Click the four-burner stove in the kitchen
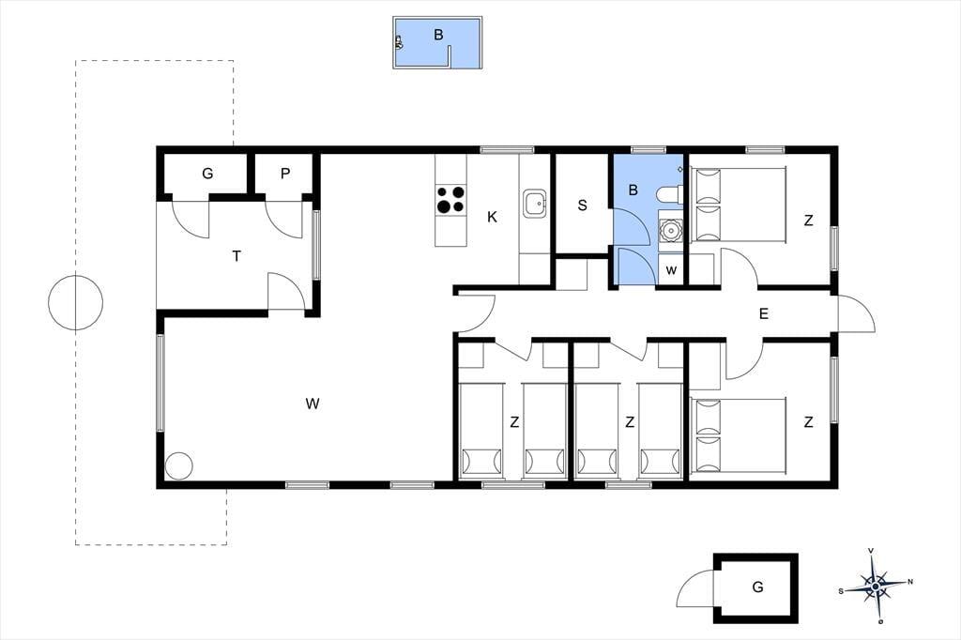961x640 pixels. click(x=450, y=200)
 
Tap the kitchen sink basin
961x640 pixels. click(x=535, y=203)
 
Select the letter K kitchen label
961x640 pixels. click(x=492, y=217)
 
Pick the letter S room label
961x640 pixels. click(x=582, y=206)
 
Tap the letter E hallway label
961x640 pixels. click(x=764, y=313)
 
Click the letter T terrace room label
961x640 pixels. click(x=236, y=256)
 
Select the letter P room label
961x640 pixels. click(x=285, y=175)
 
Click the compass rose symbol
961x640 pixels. click(x=876, y=586)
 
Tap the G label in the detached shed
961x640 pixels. click(x=757, y=587)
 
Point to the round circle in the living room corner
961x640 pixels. click(x=179, y=465)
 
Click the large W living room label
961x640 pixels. click(x=312, y=404)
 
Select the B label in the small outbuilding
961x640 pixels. click(x=438, y=35)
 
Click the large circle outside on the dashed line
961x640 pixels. click(x=75, y=303)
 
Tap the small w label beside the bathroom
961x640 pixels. click(x=671, y=270)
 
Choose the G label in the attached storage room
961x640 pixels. click(x=207, y=175)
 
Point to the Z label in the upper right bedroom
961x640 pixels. click(x=808, y=221)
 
